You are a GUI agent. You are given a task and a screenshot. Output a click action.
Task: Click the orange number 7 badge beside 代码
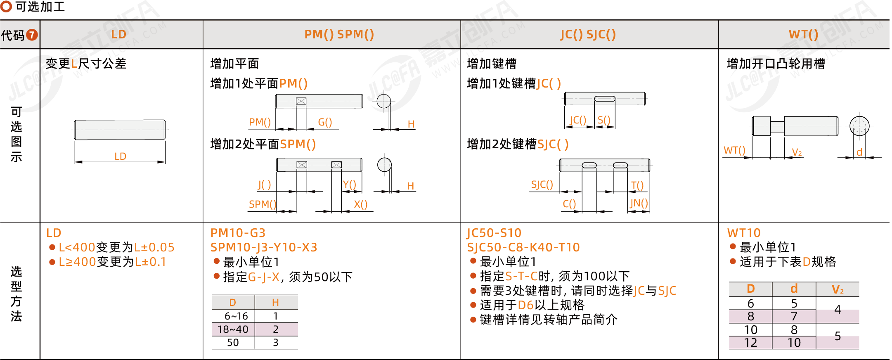pos(32,35)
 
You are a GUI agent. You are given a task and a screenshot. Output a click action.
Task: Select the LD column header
pos(119,34)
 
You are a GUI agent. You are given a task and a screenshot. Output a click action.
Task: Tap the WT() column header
pos(803,34)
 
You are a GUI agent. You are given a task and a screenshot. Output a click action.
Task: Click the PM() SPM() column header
pos(339,34)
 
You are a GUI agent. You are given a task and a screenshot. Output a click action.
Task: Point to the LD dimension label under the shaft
pos(120,156)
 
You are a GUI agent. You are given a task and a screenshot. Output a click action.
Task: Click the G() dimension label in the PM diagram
pos(325,122)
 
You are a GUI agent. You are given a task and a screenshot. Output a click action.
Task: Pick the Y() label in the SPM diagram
pos(349,185)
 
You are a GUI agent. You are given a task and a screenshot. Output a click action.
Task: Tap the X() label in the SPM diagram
pos(360,204)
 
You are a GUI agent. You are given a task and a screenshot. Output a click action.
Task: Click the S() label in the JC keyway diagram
pos(604,120)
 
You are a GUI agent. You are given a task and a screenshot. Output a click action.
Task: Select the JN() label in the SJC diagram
pos(639,203)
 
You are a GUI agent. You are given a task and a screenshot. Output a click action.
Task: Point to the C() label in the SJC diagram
pos(569,204)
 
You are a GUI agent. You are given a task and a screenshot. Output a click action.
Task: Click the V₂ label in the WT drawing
pos(797,152)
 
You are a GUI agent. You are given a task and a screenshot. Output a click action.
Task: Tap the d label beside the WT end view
pos(859,152)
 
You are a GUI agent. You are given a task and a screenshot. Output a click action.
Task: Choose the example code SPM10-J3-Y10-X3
pos(264,247)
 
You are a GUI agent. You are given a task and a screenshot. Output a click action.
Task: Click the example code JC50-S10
pos(494,233)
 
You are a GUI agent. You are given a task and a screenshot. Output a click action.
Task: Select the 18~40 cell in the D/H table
pos(233,329)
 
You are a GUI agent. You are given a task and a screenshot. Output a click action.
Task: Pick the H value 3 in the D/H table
pos(276,343)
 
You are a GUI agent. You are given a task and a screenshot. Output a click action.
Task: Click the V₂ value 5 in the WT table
pos(838,336)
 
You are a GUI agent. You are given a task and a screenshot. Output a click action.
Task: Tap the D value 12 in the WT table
pos(750,343)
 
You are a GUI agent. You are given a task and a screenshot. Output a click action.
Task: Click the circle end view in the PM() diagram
pos(383,101)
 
